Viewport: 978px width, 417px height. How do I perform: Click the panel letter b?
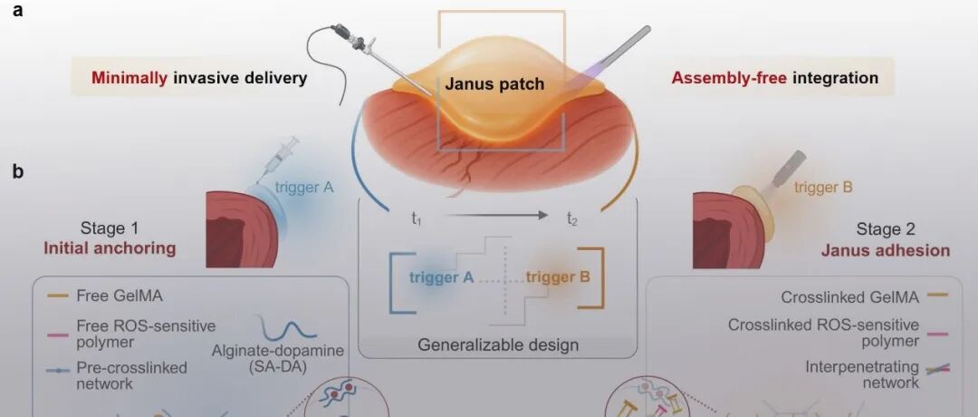(17, 170)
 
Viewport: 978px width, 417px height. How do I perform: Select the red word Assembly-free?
(729, 78)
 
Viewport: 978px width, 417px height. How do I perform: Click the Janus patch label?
(494, 84)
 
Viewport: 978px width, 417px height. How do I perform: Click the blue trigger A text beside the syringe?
(304, 189)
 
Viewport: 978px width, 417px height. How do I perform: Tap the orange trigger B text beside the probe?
(823, 189)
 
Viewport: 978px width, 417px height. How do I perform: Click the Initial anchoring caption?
(122, 247)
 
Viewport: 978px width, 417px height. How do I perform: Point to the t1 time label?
(416, 218)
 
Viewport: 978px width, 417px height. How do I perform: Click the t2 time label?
(572, 218)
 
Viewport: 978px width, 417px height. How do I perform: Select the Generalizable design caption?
(497, 344)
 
